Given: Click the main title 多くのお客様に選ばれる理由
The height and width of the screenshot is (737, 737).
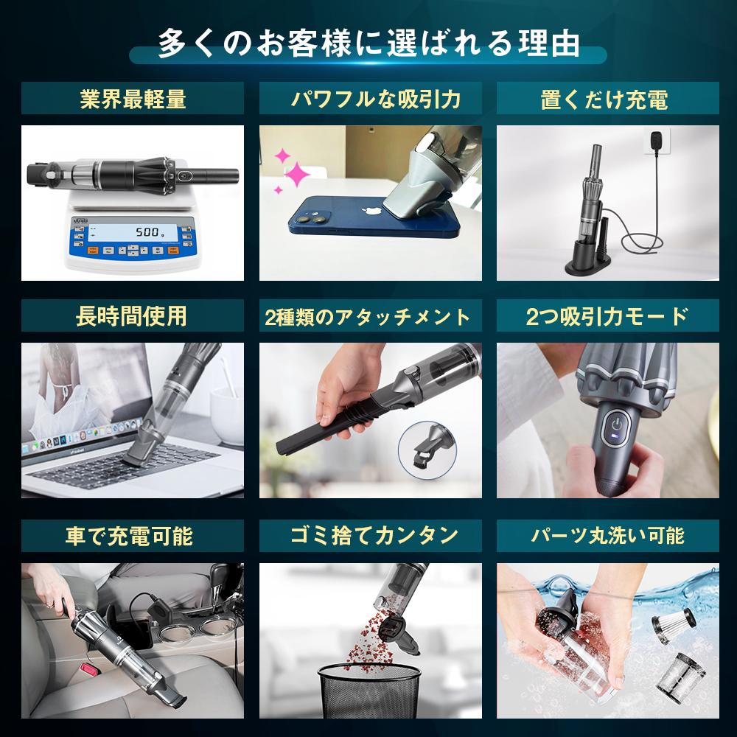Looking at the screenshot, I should pos(368,43).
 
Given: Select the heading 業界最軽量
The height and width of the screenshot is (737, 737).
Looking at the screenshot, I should pos(133,99).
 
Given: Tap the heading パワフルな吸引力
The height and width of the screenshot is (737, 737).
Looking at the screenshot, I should pos(371,99).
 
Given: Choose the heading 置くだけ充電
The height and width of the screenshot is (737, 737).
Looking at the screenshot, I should pos(607,99).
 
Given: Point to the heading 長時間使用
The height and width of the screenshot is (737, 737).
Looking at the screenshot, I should pos(133,316).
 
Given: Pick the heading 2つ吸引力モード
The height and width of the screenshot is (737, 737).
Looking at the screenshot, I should pos(607,316).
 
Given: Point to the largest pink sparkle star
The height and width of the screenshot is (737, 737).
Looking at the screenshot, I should pos(297,175).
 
